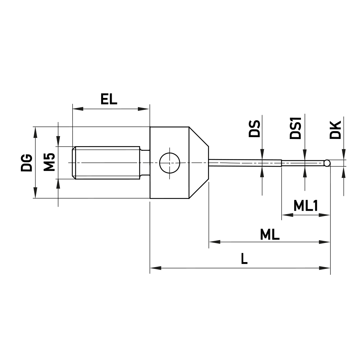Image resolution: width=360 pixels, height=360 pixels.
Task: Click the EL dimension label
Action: tap(109, 99)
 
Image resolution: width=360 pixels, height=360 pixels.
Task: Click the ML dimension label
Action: tap(270, 235)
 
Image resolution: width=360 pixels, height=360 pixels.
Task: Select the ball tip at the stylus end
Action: tap(327, 163)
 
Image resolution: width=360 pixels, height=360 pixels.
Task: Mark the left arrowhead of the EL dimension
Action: tap(76, 108)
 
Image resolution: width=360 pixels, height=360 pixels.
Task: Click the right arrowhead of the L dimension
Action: tap(326, 268)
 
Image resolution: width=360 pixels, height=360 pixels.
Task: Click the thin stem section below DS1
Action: tap(302, 163)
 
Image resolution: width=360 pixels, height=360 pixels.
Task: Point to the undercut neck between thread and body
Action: tap(145, 163)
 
